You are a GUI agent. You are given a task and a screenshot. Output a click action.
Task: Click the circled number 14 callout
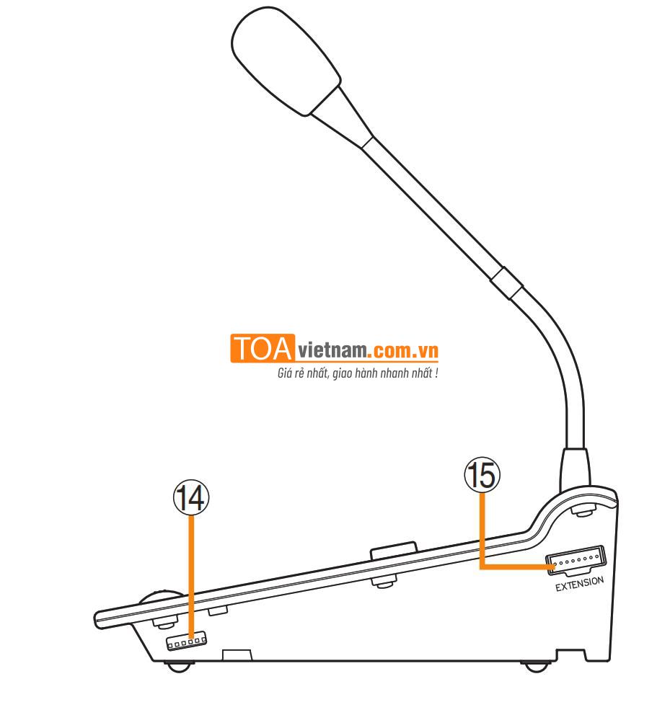point(191,497)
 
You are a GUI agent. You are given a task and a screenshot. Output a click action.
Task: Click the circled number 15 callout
point(482,475)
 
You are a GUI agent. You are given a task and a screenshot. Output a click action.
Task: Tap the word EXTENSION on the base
point(580,584)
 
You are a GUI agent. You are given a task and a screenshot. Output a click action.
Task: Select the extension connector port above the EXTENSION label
point(576,559)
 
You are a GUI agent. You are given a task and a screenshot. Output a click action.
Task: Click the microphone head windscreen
point(286,61)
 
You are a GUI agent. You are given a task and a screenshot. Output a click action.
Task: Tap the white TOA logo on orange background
point(263,348)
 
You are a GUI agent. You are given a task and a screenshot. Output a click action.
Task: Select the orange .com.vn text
point(403,351)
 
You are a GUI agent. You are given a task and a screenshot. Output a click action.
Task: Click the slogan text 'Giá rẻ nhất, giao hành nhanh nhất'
point(358,373)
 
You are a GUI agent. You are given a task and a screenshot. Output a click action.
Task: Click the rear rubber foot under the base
point(537,667)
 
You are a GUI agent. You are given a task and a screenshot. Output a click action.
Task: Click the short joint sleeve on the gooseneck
point(506,283)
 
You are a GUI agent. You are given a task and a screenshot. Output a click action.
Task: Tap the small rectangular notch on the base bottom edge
point(237,654)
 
